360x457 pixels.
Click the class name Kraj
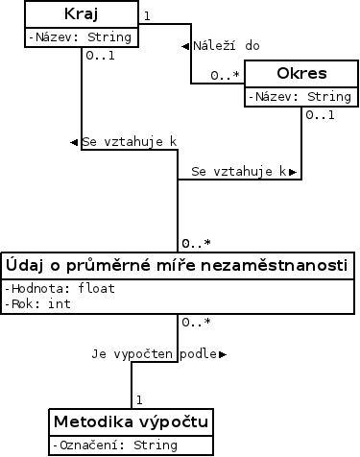pos(81,15)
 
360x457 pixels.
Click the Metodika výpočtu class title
pos(132,422)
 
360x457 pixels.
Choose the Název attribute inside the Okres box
pos(300,97)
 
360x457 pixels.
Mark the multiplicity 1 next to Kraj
pos(146,15)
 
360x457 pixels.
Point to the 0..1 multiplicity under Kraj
pos(101,55)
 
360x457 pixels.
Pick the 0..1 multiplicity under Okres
pos(320,115)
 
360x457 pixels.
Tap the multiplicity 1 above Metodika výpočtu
pos(139,397)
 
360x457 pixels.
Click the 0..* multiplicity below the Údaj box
pos(196,322)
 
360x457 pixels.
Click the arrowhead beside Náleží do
pos(186,46)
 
